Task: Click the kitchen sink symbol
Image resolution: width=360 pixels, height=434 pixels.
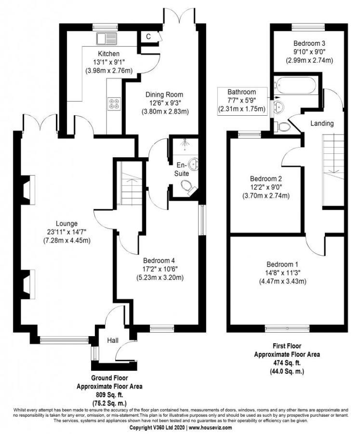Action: tap(105, 38)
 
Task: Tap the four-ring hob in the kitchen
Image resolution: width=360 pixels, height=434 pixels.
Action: tap(115, 103)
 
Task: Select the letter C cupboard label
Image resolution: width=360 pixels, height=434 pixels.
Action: tap(148, 37)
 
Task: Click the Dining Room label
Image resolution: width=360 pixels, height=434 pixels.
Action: tap(165, 95)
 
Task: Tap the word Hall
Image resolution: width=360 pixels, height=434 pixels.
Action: tap(113, 341)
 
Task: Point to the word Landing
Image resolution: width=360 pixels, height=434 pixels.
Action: tap(321, 124)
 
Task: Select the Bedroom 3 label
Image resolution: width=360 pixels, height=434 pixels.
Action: tap(308, 43)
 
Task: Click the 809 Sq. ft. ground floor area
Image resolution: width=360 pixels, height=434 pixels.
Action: tap(109, 394)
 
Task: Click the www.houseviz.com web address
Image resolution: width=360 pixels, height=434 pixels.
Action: tap(210, 428)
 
